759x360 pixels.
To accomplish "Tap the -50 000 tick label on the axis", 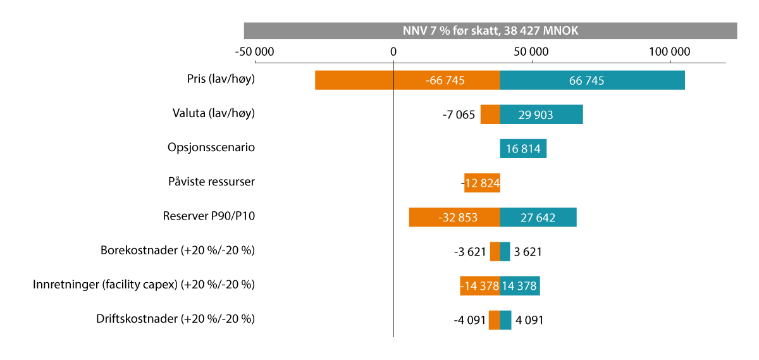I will (x=254, y=52).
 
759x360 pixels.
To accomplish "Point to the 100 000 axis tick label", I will (x=669, y=52).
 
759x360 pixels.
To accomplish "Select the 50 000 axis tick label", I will (x=531, y=52).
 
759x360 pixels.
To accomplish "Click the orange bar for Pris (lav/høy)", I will (x=407, y=80).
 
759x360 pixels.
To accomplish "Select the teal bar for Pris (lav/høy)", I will (x=592, y=80).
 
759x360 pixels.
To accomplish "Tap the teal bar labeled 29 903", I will (x=541, y=115).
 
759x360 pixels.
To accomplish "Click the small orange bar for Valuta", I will (x=490, y=115).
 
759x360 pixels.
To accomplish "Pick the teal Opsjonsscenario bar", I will (x=523, y=149).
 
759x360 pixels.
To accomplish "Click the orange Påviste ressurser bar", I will (x=482, y=183).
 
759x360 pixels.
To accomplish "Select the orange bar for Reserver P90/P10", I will (x=454, y=217).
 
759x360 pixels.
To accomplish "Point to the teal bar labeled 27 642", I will (x=538, y=217).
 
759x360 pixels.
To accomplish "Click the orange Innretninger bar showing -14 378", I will (x=479, y=285).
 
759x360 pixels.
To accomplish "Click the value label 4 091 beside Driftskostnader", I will (x=529, y=320).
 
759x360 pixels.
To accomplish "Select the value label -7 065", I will (x=459, y=115).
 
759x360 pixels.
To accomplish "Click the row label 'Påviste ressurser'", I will (x=211, y=182).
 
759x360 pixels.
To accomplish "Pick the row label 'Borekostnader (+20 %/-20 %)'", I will (x=178, y=250).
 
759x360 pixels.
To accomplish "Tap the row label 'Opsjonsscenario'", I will (x=211, y=147).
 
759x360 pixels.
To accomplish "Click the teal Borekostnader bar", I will (x=505, y=251).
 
